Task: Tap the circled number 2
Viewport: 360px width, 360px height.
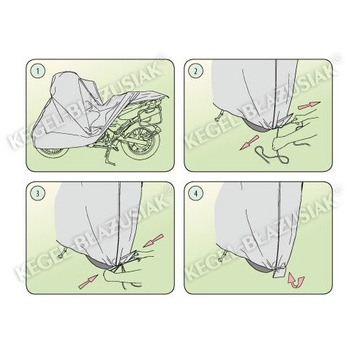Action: tap(196, 71)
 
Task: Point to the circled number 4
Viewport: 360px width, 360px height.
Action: tap(196, 193)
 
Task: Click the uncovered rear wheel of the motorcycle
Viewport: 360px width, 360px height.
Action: tap(141, 143)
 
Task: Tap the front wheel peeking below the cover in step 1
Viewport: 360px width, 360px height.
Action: tap(53, 152)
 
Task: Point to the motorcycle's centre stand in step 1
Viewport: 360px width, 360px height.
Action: tap(109, 157)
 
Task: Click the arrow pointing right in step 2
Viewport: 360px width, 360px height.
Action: tap(309, 106)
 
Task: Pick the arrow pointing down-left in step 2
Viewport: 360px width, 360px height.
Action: tap(249, 143)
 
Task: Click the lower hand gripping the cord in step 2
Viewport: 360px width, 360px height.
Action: tap(293, 141)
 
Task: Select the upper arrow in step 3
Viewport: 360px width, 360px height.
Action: tap(154, 240)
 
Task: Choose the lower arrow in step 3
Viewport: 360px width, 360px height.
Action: tap(88, 282)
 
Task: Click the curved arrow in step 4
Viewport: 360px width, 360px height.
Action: tap(296, 280)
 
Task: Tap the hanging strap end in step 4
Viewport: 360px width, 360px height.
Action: tap(278, 272)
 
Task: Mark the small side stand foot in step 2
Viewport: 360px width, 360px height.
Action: tap(219, 116)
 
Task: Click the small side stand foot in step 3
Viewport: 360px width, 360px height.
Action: tap(62, 254)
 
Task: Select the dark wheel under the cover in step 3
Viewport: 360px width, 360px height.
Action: tap(100, 263)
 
